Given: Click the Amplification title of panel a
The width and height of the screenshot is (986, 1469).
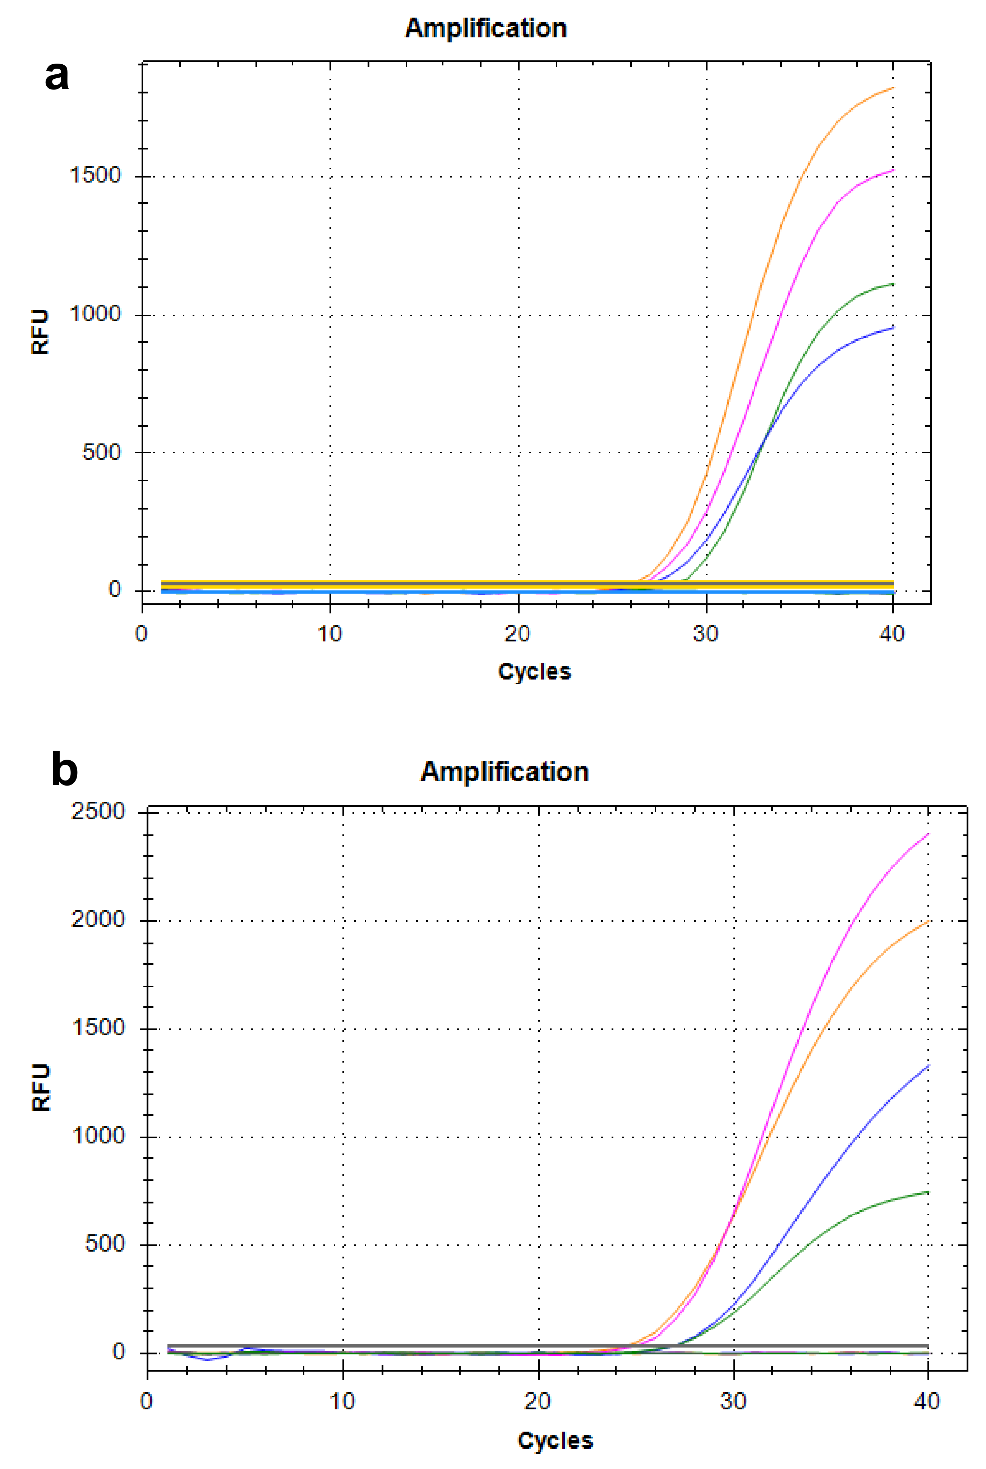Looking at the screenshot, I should (x=486, y=28).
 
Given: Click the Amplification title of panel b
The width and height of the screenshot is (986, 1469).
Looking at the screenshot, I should (x=504, y=772).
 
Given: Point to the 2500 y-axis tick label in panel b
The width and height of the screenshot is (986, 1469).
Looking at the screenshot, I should (x=98, y=811).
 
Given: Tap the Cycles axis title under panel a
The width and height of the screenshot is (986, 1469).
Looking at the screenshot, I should (x=535, y=672).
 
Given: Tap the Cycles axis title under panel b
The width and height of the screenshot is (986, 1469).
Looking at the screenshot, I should (x=555, y=1441).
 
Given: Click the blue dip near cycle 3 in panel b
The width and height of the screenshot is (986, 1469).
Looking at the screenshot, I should (x=208, y=1360).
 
